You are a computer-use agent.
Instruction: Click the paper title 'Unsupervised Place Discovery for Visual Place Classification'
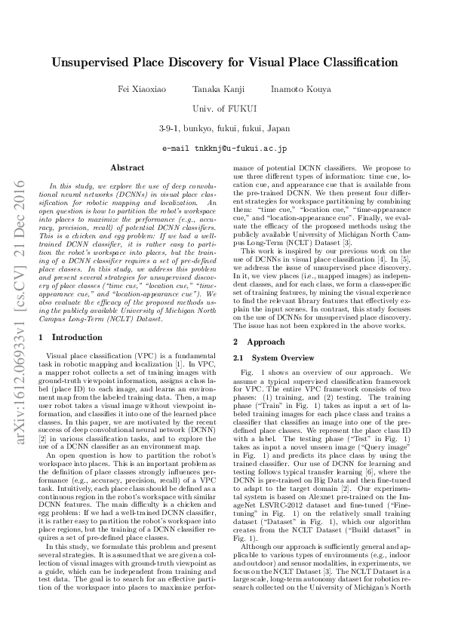tap(224, 66)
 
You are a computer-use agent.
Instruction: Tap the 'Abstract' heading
tap(127, 167)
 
